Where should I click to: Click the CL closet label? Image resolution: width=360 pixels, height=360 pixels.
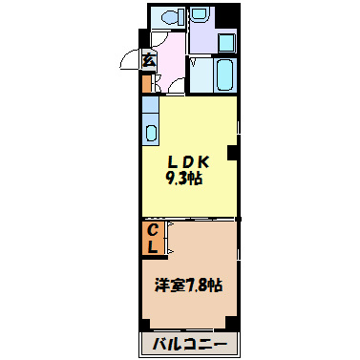click(x=153, y=238)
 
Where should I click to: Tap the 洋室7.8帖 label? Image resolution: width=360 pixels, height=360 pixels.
click(x=189, y=286)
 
